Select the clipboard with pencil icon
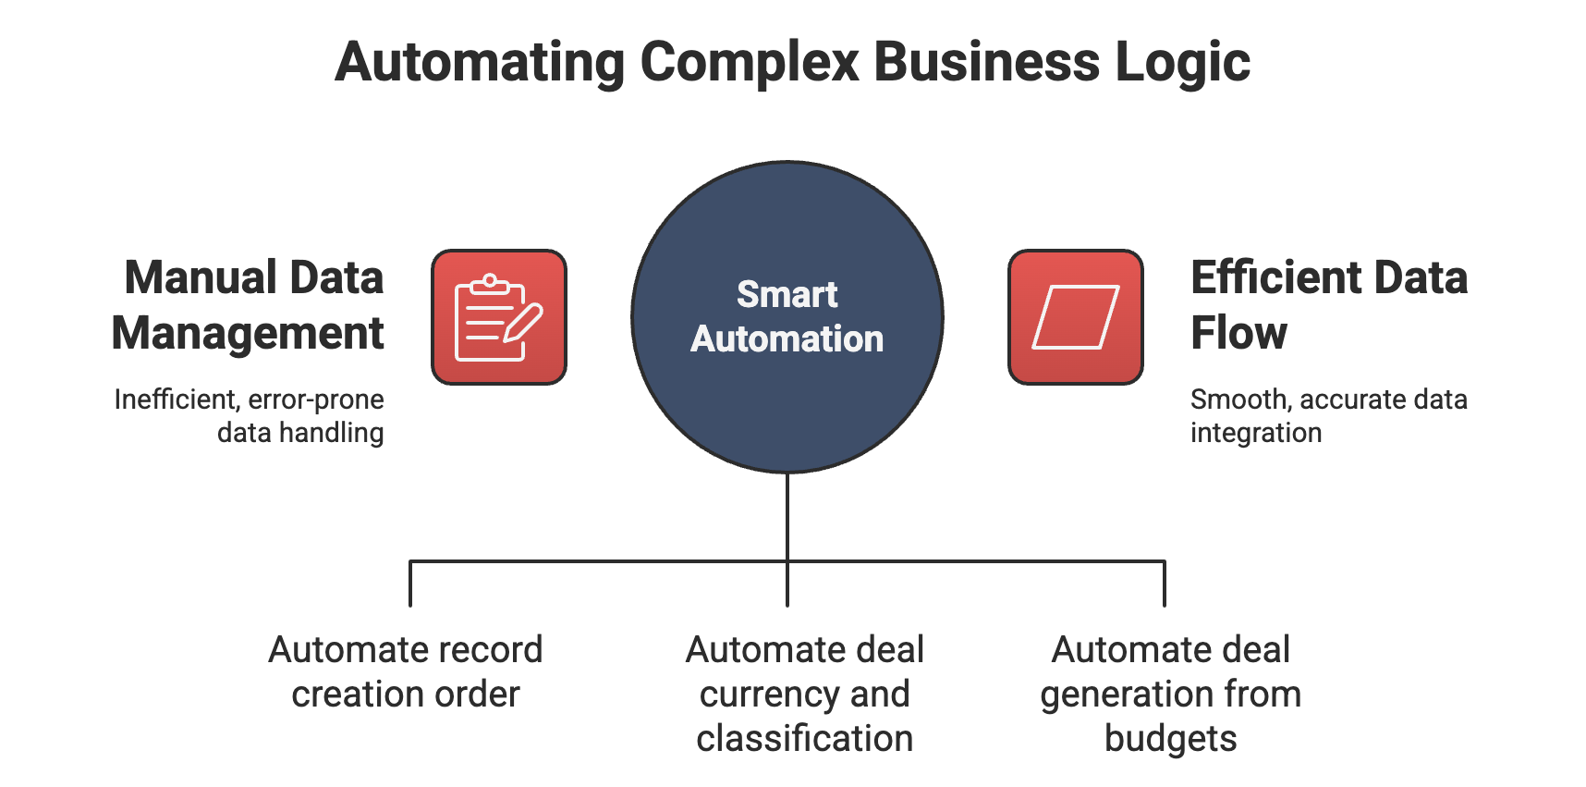pyautogui.click(x=498, y=317)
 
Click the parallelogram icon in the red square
pyautogui.click(x=1075, y=317)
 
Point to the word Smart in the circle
pyautogui.click(x=787, y=295)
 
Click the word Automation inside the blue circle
pyautogui.click(x=787, y=339)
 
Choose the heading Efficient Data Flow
pyautogui.click(x=1327, y=305)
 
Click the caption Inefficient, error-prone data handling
pyautogui.click(x=250, y=416)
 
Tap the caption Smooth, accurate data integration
pyautogui.click(x=1327, y=416)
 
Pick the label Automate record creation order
pyautogui.click(x=406, y=672)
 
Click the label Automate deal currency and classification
pyautogui.click(x=805, y=694)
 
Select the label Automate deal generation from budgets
pyautogui.click(x=1170, y=694)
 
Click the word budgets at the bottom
pyautogui.click(x=1170, y=739)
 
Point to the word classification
pyautogui.click(x=805, y=739)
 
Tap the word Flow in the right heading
pyautogui.click(x=1238, y=333)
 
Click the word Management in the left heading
pyautogui.click(x=248, y=333)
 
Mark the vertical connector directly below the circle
pyautogui.click(x=787, y=518)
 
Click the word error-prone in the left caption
pyautogui.click(x=316, y=400)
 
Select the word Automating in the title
pyautogui.click(x=480, y=63)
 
